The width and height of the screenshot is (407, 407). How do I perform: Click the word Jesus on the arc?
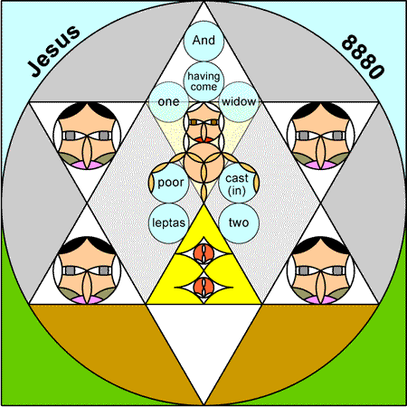coord(53,51)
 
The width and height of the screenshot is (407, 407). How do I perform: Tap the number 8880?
coord(364,57)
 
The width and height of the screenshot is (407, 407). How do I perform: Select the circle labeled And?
coord(203,41)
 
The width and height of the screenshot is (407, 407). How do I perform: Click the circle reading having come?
coord(203,81)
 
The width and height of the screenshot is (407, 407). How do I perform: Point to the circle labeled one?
coord(168,102)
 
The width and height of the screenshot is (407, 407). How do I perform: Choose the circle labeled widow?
coord(239,102)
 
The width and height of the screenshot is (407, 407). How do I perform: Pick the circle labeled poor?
coord(169,183)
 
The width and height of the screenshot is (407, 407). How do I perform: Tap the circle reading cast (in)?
coord(238,183)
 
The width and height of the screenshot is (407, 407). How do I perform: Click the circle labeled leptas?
coord(168,223)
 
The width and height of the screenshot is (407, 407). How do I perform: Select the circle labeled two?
coord(239,223)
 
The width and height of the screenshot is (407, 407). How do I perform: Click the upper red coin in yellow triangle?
coord(203,252)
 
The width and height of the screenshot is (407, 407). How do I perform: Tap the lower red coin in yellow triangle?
coord(203,286)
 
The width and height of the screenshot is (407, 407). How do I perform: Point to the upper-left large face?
coord(87,136)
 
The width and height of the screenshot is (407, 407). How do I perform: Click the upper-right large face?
coord(321,136)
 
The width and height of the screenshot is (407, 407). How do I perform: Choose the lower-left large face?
coord(87,270)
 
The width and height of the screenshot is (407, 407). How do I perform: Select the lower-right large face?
coord(321,270)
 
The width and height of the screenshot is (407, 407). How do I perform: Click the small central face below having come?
coord(203,122)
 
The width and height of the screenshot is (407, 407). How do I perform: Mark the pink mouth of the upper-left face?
coord(87,165)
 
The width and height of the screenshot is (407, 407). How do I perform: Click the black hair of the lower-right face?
coord(321,244)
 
